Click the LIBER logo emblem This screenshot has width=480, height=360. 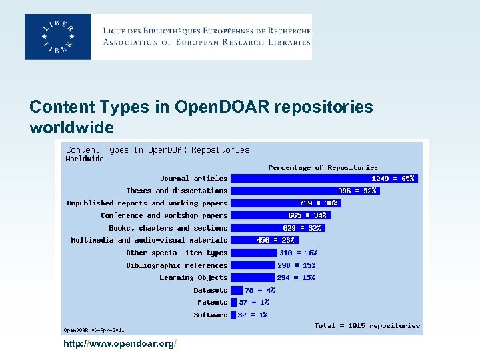point(58,37)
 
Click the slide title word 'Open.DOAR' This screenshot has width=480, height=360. point(214,107)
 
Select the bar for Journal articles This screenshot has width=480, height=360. point(324,178)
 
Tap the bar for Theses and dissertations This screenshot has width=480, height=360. point(305,191)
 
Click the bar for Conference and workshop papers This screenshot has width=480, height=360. point(280,215)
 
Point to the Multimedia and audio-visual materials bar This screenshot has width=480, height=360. point(264,240)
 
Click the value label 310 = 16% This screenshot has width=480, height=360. point(298,253)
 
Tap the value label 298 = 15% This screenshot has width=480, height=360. point(297,265)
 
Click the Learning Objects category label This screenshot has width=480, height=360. point(193,277)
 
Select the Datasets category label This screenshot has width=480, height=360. point(210,290)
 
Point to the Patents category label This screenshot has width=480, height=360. point(212,302)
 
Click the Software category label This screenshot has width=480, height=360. point(211,315)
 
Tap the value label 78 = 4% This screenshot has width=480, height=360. point(259,290)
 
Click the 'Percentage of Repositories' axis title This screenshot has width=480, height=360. point(323,167)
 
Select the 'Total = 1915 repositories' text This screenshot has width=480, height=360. point(367,325)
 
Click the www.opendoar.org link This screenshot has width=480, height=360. point(119,343)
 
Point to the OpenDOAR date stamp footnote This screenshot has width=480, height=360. point(93,329)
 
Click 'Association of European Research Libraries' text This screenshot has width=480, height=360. point(207,42)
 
